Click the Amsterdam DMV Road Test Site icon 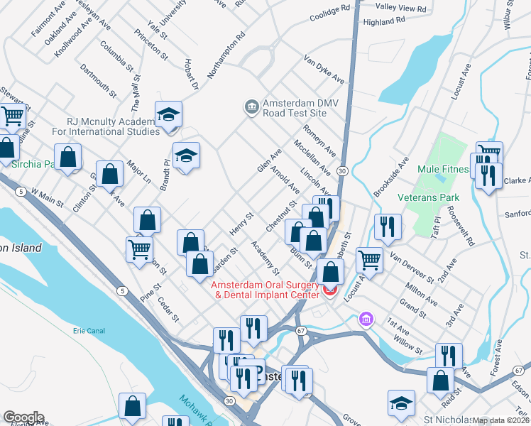pos(251,107)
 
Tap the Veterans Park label pos(428,197)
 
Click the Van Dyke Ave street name pos(324,70)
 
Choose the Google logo pos(23,417)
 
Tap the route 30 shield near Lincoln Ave pos(342,171)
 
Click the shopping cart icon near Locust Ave pos(369,261)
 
